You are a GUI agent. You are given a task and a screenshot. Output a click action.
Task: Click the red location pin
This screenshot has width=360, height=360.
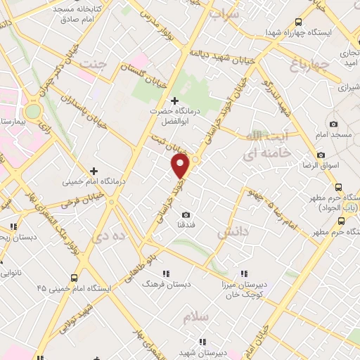coord(181,167)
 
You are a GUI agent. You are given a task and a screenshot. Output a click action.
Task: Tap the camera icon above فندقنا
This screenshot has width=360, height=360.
coord(186,214)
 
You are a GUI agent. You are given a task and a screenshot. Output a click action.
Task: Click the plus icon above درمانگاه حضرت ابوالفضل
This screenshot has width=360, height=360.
coord(174,101)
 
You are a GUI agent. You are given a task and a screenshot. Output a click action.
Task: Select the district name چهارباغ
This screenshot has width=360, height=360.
coord(305,66)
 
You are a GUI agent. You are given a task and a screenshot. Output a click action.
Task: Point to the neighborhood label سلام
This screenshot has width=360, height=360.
coord(196,317)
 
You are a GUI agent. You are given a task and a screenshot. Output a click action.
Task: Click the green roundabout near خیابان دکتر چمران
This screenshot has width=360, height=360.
coord(32,111)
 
